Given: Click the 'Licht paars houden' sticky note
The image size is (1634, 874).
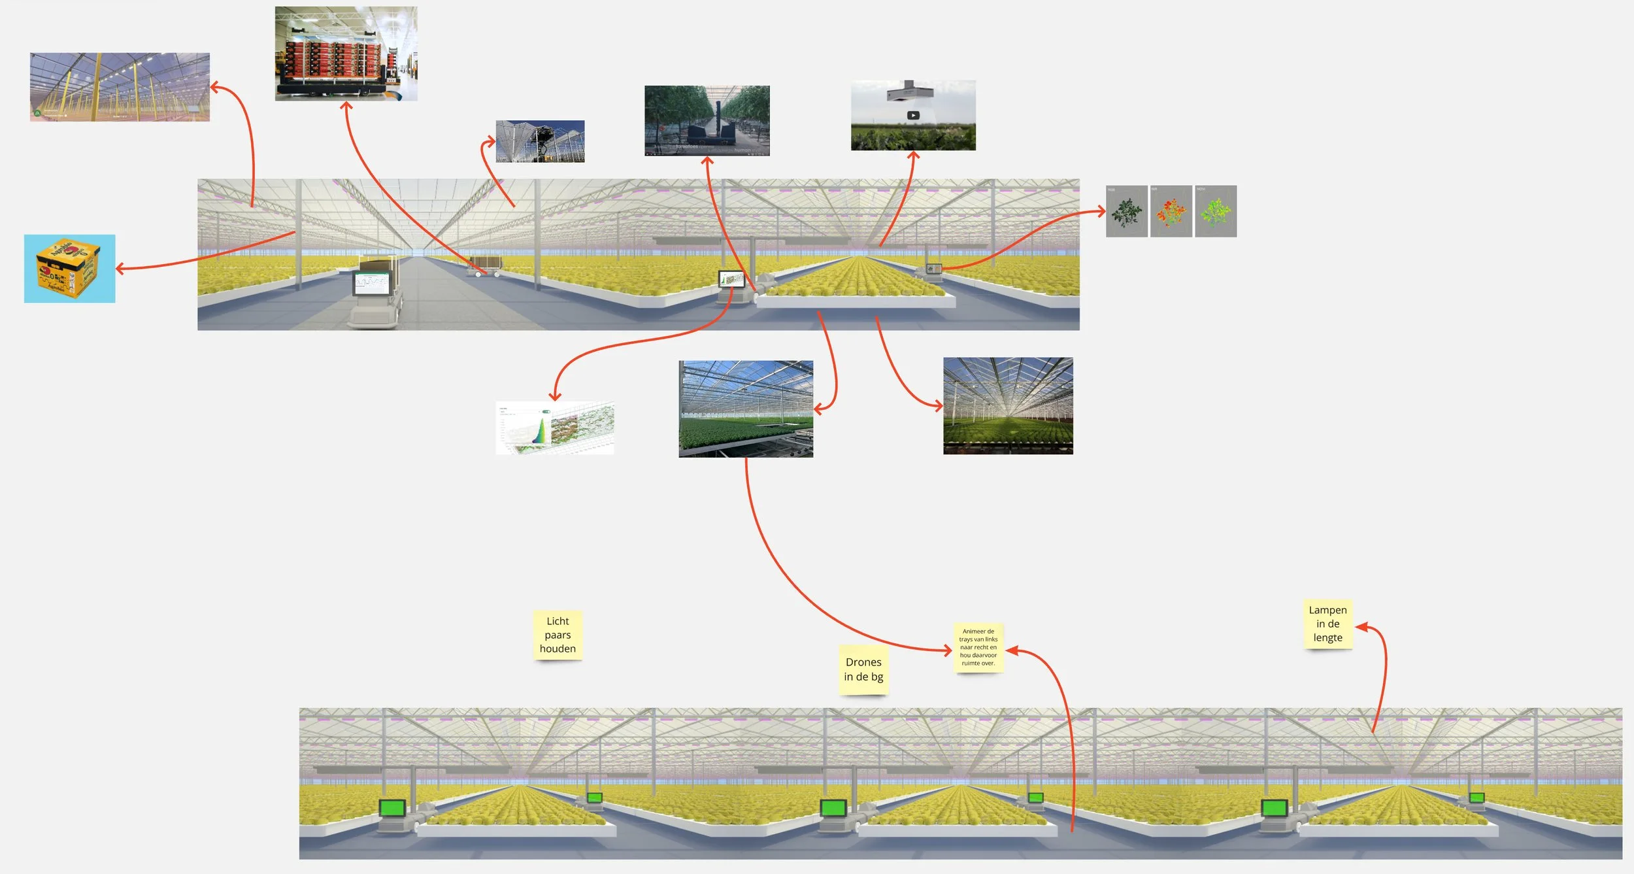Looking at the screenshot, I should pyautogui.click(x=558, y=635).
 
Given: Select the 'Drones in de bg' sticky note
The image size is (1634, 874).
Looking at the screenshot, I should pyautogui.click(x=863, y=669).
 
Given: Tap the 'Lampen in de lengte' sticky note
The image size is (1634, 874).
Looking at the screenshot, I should pyautogui.click(x=1327, y=624).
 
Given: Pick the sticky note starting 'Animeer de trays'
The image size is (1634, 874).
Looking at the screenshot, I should pyautogui.click(x=978, y=647).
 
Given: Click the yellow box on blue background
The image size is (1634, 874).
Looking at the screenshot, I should pyautogui.click(x=70, y=269).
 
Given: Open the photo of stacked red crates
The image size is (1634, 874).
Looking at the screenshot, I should pyautogui.click(x=346, y=54).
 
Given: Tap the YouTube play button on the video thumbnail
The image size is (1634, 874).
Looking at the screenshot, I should pyautogui.click(x=913, y=116).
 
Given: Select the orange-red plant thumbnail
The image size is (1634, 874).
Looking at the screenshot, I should pyautogui.click(x=1171, y=211).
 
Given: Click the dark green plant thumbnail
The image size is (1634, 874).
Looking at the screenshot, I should pyautogui.click(x=1126, y=211).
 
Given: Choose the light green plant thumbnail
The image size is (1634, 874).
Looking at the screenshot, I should pyautogui.click(x=1215, y=211).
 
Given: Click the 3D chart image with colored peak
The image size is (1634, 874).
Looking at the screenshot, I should pyautogui.click(x=555, y=428).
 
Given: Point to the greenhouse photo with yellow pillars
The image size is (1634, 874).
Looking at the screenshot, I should pyautogui.click(x=120, y=87).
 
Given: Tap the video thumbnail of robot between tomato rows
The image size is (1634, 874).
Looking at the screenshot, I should pyautogui.click(x=707, y=121).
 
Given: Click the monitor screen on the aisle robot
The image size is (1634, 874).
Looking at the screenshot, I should pyautogui.click(x=372, y=283).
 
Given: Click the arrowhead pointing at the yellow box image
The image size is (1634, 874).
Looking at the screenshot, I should pyautogui.click(x=119, y=268).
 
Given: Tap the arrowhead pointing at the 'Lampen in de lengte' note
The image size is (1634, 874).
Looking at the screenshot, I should pyautogui.click(x=1359, y=627).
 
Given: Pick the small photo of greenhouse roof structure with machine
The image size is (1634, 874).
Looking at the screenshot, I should pyautogui.click(x=540, y=141).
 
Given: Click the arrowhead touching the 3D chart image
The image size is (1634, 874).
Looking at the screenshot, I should pyautogui.click(x=555, y=397).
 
